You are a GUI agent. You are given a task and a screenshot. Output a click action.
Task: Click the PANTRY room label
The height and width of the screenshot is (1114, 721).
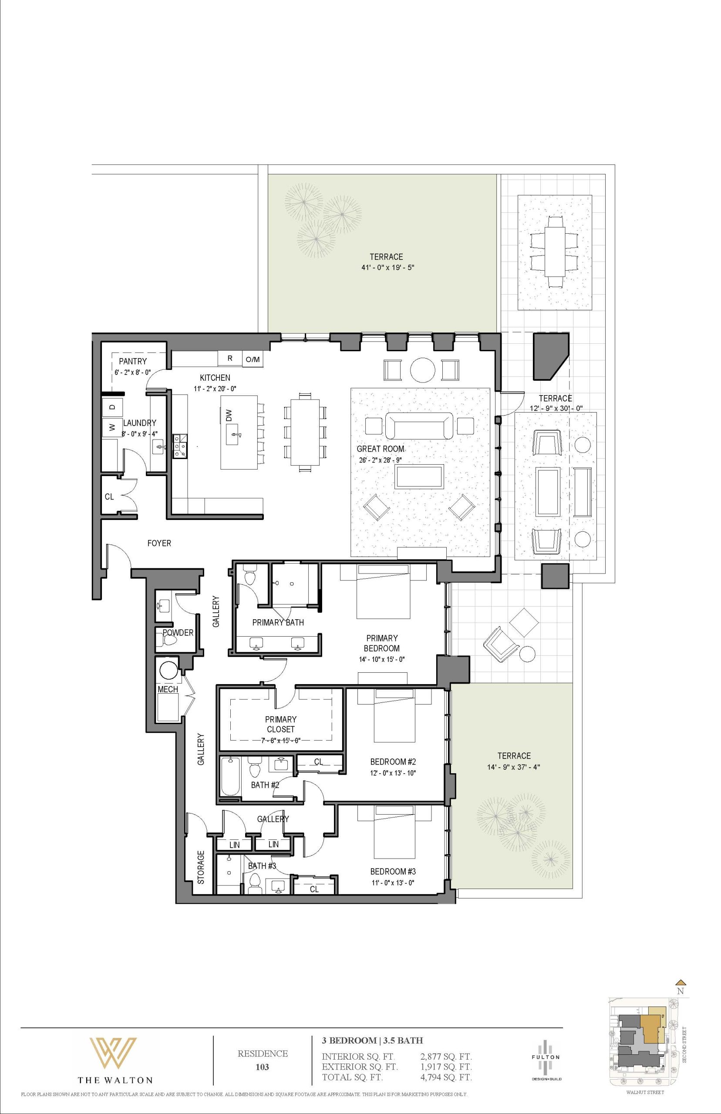[x=132, y=361]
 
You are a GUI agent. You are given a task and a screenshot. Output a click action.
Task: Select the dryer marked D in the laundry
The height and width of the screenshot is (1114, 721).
[x=112, y=406]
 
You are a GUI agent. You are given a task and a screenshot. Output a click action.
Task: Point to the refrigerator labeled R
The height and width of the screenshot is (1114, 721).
[x=230, y=359]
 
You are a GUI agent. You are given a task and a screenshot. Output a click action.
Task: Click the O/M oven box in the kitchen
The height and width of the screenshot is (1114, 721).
[x=253, y=359]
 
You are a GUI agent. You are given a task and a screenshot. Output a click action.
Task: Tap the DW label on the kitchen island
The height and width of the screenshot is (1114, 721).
[x=229, y=415]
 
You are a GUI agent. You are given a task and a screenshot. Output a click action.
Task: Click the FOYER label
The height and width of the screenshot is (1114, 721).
[x=159, y=543]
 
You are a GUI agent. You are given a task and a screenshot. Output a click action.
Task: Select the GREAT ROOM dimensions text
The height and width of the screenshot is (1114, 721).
[x=380, y=460]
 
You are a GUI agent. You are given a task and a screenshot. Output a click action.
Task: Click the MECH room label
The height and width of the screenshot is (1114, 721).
[x=168, y=690]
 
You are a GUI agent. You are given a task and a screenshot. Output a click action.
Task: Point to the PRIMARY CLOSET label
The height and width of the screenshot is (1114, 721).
[x=280, y=724]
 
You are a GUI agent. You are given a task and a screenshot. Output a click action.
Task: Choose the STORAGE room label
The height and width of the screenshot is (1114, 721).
[x=201, y=867]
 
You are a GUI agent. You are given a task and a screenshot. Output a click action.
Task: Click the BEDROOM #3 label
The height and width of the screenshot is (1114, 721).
[x=393, y=871]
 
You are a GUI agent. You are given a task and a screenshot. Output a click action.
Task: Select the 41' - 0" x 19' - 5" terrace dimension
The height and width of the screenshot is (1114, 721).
[x=386, y=268]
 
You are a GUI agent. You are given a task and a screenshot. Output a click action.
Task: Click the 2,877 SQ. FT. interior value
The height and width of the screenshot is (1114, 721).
[x=446, y=1044]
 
